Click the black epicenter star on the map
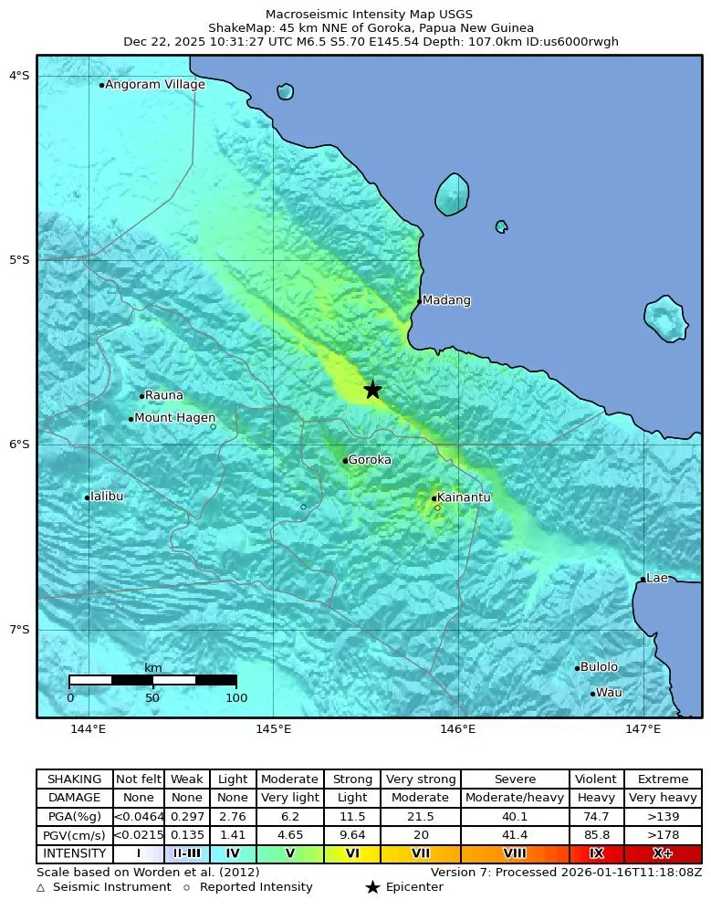click(x=372, y=390)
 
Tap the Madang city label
click(x=446, y=300)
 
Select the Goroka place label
click(x=370, y=460)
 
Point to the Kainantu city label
click(x=464, y=497)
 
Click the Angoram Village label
click(x=154, y=85)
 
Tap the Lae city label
click(x=657, y=578)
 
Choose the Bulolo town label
click(x=599, y=667)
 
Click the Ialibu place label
click(x=107, y=497)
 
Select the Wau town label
click(x=608, y=693)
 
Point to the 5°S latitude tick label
click(x=19, y=260)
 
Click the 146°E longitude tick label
click(x=458, y=728)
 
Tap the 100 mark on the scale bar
click(x=236, y=698)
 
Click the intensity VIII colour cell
click(x=515, y=854)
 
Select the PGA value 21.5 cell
click(x=420, y=817)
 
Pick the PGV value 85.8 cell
click(x=596, y=835)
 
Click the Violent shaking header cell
click(x=596, y=779)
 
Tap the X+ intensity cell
click(x=663, y=854)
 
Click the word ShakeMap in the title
click(x=238, y=28)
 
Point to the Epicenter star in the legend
click(x=372, y=887)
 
